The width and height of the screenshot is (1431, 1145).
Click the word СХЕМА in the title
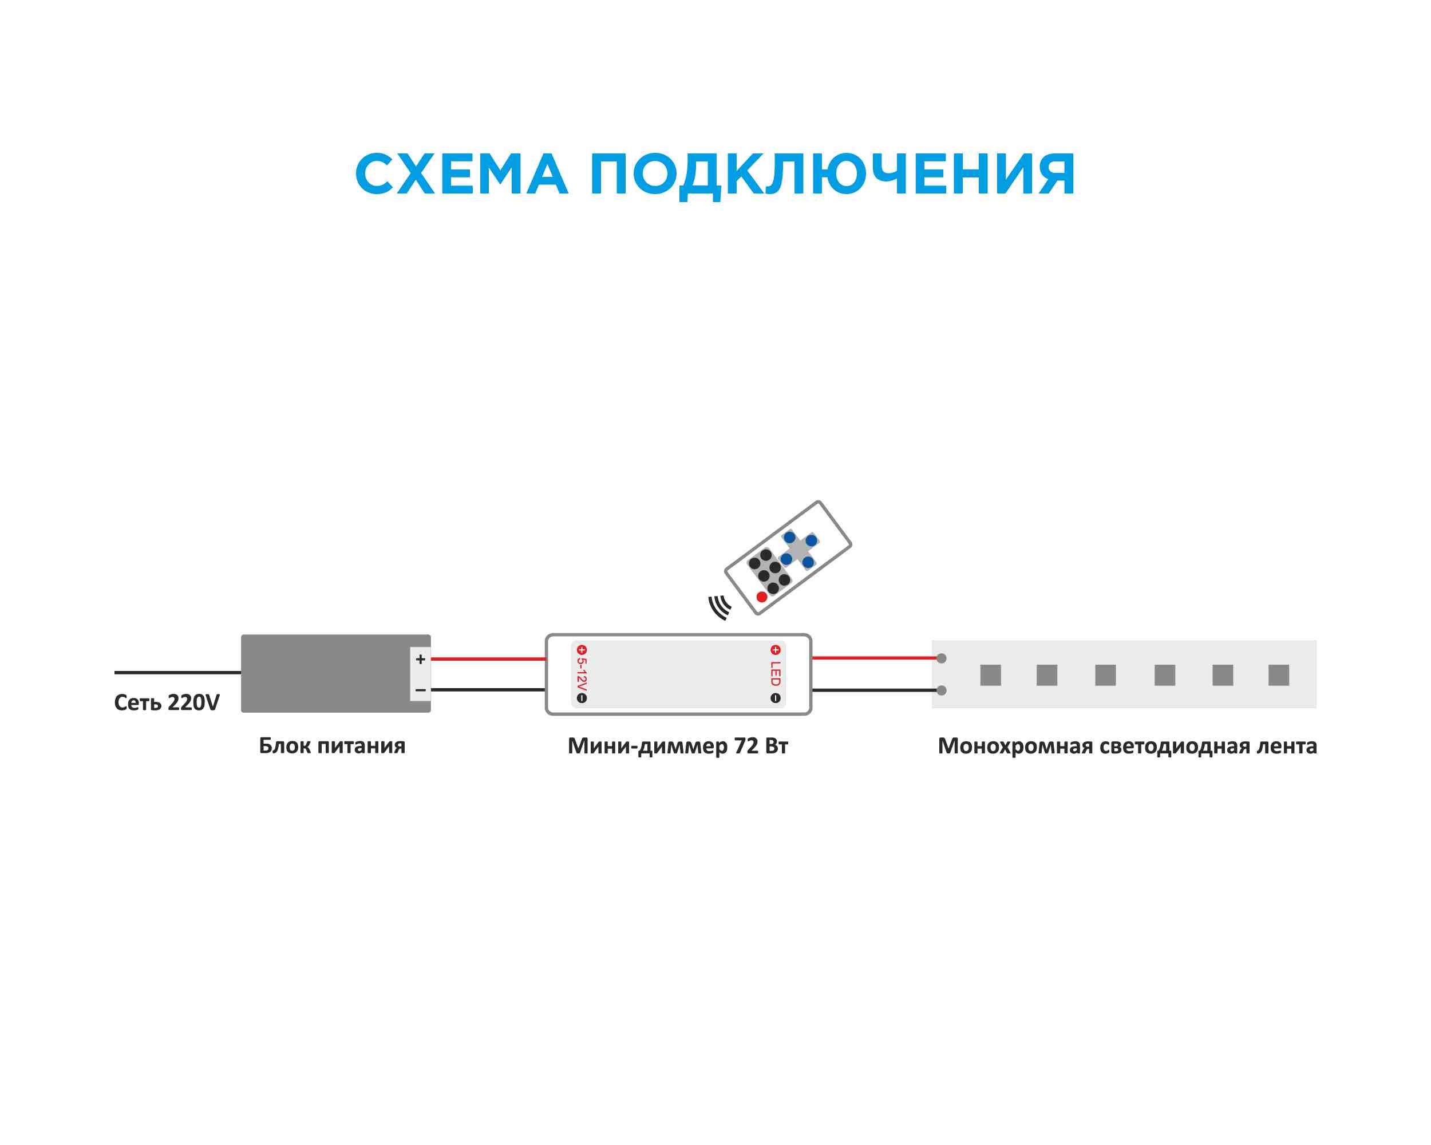461,175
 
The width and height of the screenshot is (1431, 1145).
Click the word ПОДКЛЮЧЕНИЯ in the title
832,175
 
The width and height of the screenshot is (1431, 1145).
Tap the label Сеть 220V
167,702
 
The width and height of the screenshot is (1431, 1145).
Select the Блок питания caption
332,746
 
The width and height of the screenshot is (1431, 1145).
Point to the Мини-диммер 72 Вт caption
678,746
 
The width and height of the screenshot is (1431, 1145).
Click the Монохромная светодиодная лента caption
1127,746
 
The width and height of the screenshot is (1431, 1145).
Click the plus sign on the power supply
420,659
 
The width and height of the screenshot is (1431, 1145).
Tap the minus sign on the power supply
420,690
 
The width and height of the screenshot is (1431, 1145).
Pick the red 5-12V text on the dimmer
582,674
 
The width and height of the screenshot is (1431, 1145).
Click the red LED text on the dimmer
775,674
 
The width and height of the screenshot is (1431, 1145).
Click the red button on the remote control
762,597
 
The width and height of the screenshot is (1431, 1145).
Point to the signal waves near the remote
720,607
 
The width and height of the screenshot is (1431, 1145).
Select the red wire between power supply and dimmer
488,659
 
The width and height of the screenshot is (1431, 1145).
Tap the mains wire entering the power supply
177,672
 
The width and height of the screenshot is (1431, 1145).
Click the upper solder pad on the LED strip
941,658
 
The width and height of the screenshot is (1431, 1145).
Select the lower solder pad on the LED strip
941,691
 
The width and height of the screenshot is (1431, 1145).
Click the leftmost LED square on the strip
990,675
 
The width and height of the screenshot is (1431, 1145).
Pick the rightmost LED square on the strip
1278,675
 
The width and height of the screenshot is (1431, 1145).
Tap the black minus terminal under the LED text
775,698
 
